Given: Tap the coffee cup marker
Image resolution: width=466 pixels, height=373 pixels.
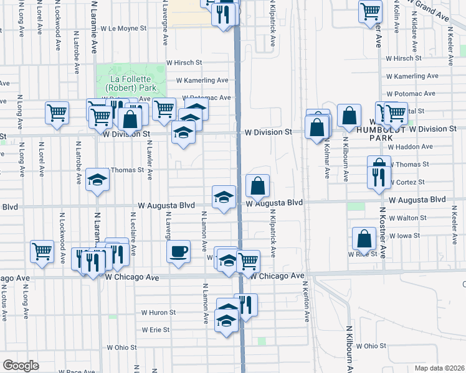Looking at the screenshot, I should (179, 252).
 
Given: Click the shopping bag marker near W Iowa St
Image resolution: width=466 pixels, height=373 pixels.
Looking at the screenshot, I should (364, 239).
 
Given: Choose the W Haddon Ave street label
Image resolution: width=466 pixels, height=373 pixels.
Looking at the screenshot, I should (409, 147).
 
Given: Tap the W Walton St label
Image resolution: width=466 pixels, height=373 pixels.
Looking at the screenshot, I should (407, 218).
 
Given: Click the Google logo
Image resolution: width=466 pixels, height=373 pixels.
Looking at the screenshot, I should (21, 365).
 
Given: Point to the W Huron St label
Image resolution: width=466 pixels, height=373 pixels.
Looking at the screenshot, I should (159, 313).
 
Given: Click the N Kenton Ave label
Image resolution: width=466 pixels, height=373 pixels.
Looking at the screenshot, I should (307, 301).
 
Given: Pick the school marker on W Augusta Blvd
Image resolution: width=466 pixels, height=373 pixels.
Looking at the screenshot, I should (224, 197).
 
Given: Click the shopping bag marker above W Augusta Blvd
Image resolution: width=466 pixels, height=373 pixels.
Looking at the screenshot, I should (257, 185).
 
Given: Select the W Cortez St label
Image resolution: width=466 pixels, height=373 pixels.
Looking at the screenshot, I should (408, 182).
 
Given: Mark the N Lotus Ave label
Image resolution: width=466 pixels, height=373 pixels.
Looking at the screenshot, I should (4, 302).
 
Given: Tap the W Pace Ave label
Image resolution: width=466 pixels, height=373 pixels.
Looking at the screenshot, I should (80, 371).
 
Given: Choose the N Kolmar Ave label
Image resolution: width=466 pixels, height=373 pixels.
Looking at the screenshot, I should (326, 160).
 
